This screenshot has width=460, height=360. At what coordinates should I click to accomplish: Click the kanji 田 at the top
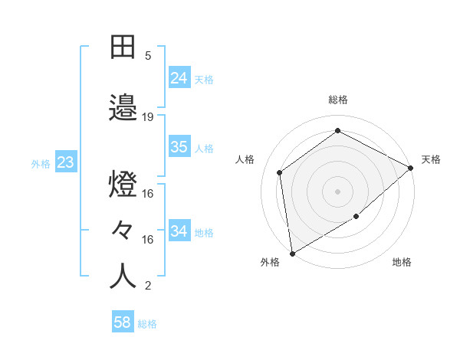click(123, 47)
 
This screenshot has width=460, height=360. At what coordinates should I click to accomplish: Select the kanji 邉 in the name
click(123, 107)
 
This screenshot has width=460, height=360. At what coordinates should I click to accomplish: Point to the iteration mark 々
click(123, 229)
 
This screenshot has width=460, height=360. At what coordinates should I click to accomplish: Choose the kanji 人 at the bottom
click(123, 276)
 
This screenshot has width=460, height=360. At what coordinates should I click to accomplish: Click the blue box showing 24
click(179, 77)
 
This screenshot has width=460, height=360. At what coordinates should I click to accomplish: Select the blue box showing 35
click(179, 147)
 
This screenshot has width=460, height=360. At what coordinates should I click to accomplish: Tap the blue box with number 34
click(179, 231)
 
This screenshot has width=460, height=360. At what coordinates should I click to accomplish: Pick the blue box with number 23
click(65, 162)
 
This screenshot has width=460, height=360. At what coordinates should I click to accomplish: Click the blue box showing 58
click(123, 322)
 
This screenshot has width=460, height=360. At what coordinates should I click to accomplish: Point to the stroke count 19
click(148, 117)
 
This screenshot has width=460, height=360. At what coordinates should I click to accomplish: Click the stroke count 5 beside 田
click(148, 56)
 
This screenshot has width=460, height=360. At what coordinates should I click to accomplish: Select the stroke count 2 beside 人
click(148, 286)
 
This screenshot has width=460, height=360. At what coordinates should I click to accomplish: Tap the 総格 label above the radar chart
click(338, 100)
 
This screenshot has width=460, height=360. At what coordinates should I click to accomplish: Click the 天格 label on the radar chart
click(431, 159)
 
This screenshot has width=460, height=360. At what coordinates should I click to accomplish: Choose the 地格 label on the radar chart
click(402, 262)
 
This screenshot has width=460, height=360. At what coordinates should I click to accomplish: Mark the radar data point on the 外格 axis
click(292, 254)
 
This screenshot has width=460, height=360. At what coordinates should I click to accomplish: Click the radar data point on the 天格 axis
click(411, 168)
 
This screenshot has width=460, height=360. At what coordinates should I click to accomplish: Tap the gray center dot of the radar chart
click(338, 191)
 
